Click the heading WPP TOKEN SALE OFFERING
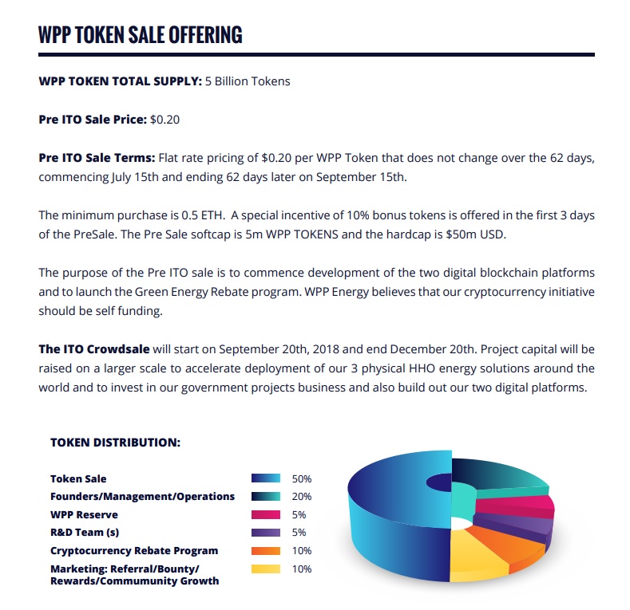click(141, 35)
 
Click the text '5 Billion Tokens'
click(248, 81)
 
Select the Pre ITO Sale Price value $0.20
click(165, 120)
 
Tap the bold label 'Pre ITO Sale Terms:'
click(97, 158)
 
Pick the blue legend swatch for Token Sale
click(266, 478)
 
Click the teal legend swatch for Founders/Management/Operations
click(266, 497)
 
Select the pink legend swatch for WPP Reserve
click(266, 514)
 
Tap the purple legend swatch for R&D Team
click(266, 533)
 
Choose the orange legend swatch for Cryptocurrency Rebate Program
click(266, 550)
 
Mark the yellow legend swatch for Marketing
click(266, 569)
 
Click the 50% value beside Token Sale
click(302, 479)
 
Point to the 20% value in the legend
click(302, 497)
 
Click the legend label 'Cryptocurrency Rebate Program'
click(134, 551)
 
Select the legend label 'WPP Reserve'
click(84, 515)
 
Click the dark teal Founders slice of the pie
click(495, 475)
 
